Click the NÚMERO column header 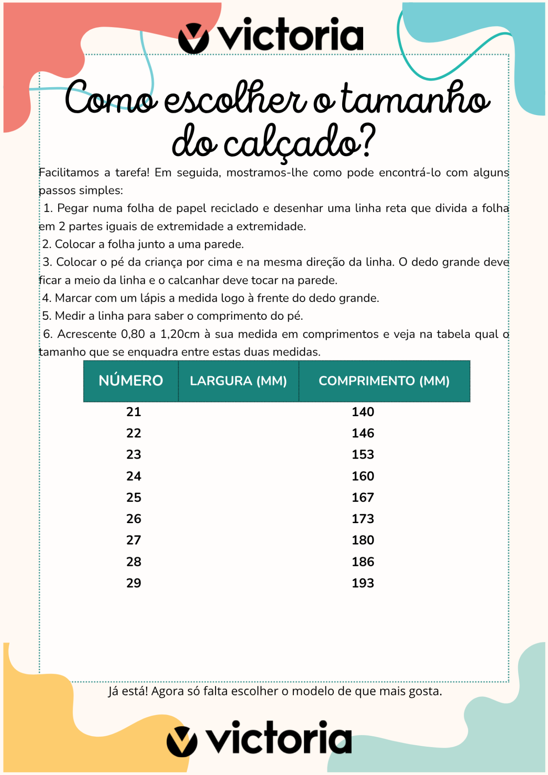(x=131, y=381)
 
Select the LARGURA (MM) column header (x=238, y=381)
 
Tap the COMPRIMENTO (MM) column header (x=384, y=381)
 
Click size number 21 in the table (x=134, y=412)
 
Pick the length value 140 (x=363, y=412)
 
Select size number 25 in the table (x=134, y=497)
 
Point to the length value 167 (x=363, y=497)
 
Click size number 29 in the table (x=134, y=583)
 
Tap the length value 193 (x=363, y=583)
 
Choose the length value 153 (x=363, y=455)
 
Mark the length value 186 (x=363, y=561)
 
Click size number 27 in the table (x=134, y=540)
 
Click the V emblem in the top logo (x=193, y=38)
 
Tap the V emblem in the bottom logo (x=182, y=741)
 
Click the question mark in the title (x=367, y=141)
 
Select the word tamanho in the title (x=416, y=99)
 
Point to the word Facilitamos (x=69, y=173)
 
